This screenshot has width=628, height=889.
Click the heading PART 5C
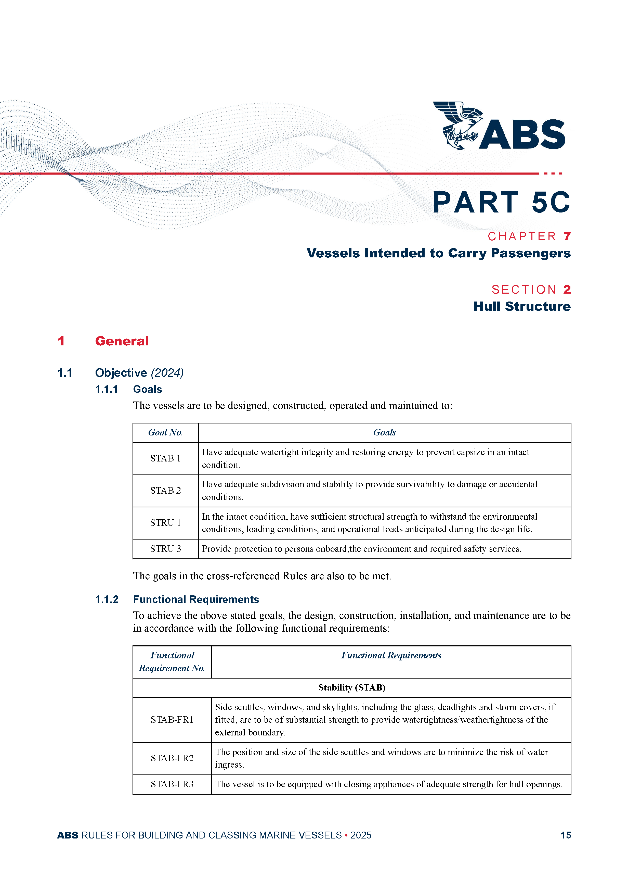501,203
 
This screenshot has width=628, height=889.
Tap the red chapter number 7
567,236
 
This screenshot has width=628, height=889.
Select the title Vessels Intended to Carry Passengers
438,253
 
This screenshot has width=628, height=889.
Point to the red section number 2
567,290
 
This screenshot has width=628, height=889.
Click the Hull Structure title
522,306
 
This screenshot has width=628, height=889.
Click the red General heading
122,341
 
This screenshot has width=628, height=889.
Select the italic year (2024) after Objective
167,373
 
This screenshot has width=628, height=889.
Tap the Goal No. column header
165,432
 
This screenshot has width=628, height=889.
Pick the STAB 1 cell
165,458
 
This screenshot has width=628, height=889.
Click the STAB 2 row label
165,491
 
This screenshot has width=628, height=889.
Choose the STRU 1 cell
165,523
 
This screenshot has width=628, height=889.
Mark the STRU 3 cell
165,549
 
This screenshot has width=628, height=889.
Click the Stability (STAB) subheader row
351,688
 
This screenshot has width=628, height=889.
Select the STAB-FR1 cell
172,720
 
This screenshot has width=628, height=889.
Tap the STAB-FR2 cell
172,758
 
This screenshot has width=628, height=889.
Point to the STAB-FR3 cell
172,784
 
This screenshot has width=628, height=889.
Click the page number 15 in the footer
565,835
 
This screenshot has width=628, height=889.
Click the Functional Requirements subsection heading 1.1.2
196,599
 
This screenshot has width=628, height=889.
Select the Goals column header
384,432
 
